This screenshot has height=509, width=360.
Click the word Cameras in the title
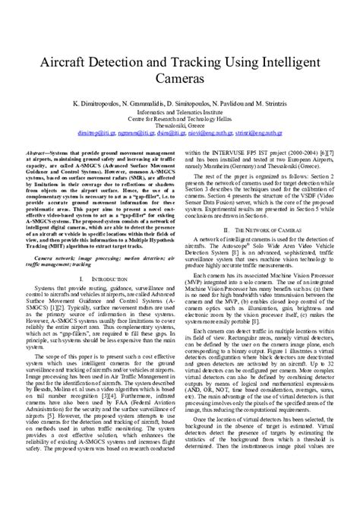[x=180, y=77]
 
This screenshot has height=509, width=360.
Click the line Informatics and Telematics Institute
[x=179, y=111]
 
